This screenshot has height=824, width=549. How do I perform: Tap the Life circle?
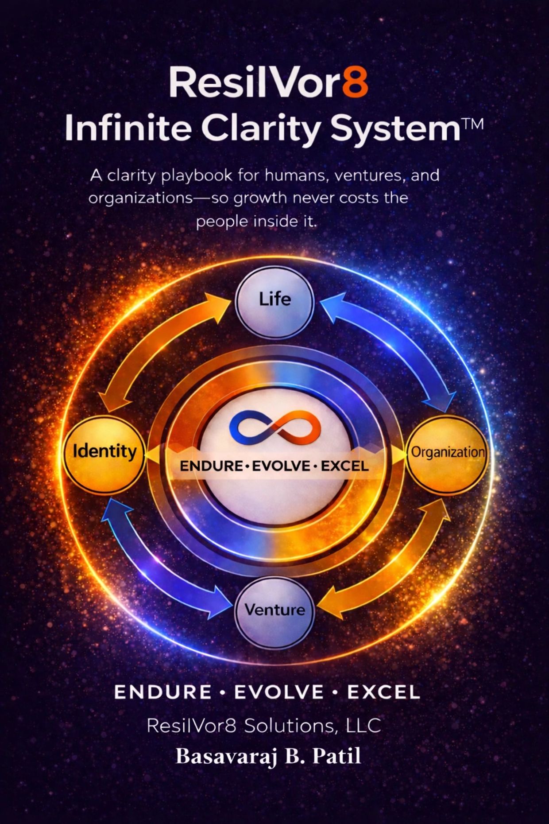tap(274, 299)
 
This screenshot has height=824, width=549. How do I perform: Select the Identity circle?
tap(105, 452)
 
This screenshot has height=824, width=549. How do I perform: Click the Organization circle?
tap(448, 452)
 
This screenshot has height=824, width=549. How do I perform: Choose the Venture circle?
tap(274, 610)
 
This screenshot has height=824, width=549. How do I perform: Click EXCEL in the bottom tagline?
tap(383, 692)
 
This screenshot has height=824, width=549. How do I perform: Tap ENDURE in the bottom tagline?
tap(162, 692)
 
